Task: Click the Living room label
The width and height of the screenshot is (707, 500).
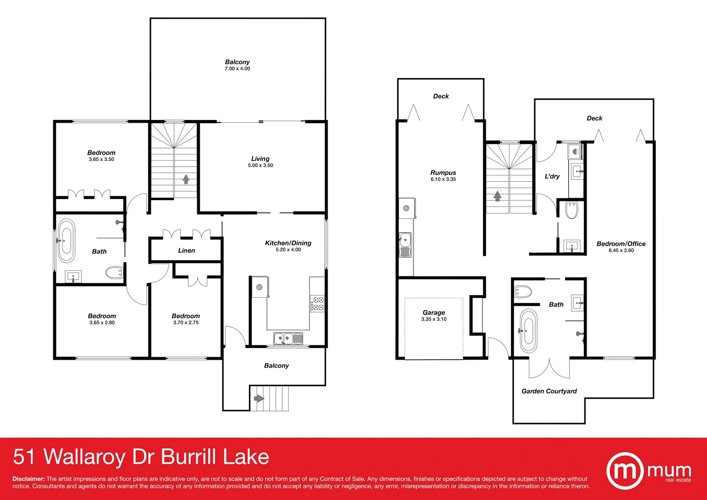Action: [260, 159]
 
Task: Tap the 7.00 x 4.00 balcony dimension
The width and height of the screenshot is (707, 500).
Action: [237, 69]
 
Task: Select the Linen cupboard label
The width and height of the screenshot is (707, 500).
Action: [186, 250]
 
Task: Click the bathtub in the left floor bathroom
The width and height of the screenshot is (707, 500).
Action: [66, 241]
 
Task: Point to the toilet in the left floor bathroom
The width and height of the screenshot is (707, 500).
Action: [114, 273]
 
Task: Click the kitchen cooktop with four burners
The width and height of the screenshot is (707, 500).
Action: [317, 304]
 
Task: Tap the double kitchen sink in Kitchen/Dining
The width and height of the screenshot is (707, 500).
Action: [288, 339]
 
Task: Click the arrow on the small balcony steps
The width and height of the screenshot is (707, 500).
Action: [258, 398]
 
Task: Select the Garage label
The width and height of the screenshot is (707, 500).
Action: [434, 312]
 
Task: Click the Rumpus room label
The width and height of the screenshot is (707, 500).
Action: [443, 173]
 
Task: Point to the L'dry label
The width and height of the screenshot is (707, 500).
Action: [552, 176]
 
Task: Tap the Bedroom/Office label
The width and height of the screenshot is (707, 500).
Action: [621, 244]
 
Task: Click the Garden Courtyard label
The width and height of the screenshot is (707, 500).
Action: [549, 391]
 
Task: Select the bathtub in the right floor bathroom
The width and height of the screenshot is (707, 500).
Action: [528, 331]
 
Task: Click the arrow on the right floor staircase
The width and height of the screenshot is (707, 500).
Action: [497, 196]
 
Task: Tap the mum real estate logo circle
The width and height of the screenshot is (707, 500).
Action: [625, 471]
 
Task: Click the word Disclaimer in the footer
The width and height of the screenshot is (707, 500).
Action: [28, 479]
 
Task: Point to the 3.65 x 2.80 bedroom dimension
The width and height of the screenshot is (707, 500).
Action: [102, 323]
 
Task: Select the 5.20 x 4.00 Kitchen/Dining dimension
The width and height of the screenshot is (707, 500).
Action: [288, 250]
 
